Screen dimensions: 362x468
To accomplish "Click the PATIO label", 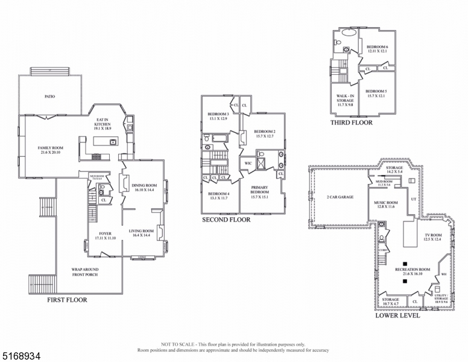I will (x=50, y=96).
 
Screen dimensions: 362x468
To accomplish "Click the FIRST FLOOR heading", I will (x=67, y=300).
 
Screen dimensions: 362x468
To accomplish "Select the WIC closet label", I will (x=248, y=163).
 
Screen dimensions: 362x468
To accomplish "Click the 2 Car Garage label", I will (x=340, y=197).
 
